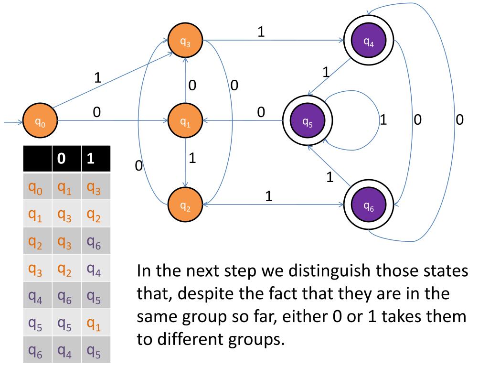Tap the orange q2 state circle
[185, 205]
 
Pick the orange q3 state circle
[185, 42]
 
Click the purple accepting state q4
[368, 42]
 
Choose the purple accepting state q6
[368, 205]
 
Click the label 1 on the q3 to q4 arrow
[261, 32]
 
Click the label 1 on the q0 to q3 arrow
[98, 78]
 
